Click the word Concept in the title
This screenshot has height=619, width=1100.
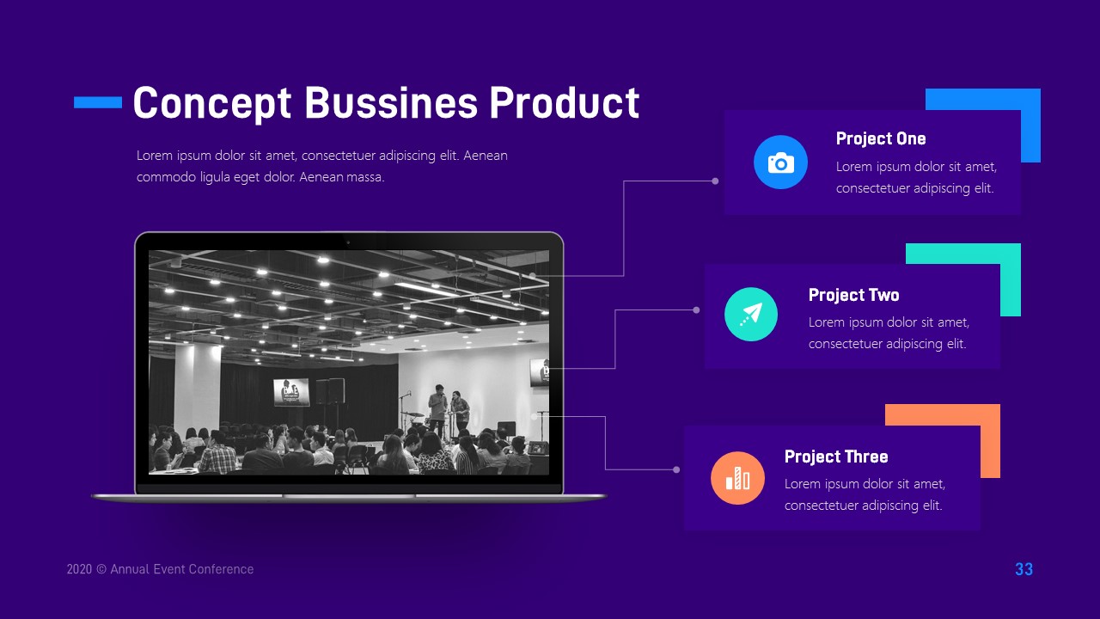(212, 103)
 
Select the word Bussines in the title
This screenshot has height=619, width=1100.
(391, 103)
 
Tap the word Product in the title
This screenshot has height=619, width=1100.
(565, 103)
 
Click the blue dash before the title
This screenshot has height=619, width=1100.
(98, 102)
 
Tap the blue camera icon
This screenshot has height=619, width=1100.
(780, 162)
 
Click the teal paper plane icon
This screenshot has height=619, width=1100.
(751, 314)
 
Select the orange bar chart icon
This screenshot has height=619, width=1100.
(737, 478)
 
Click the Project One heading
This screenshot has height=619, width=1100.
(881, 139)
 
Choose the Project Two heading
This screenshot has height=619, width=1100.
(853, 295)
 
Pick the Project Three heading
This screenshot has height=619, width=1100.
(836, 457)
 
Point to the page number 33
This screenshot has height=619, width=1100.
(1024, 569)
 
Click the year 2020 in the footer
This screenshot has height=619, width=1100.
(79, 569)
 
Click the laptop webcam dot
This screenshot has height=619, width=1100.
(348, 242)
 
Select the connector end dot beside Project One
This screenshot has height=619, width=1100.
(715, 181)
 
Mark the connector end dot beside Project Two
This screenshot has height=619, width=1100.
(696, 309)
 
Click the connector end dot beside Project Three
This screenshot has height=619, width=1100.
(676, 469)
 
